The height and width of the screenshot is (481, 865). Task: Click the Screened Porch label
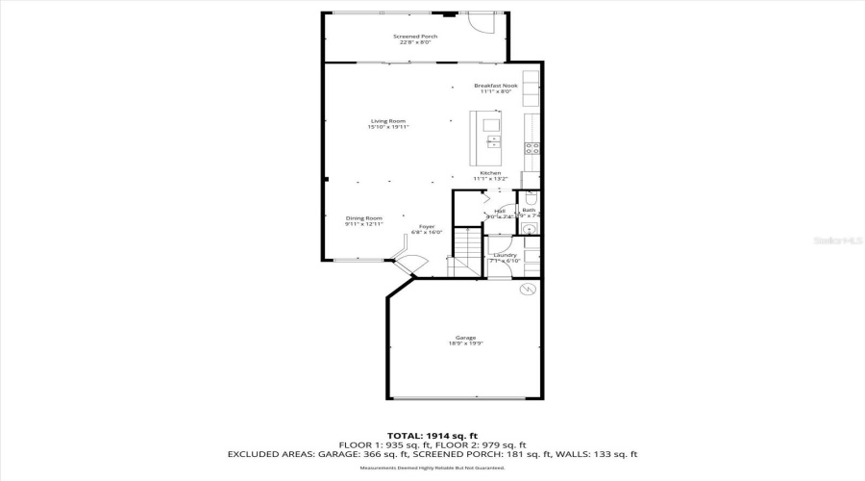[x=415, y=39]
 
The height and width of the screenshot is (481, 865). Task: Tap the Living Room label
[x=388, y=124]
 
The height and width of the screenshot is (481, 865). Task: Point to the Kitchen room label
[x=490, y=176]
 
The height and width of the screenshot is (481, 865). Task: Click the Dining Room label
[x=364, y=221]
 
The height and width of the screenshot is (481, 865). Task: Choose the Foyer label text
[x=426, y=229]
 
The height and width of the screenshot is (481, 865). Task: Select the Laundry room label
[x=505, y=258]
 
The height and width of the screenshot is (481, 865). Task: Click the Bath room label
[x=529, y=212]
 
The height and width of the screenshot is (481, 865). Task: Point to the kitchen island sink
[x=494, y=142]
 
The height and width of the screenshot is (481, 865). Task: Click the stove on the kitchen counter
[x=531, y=148]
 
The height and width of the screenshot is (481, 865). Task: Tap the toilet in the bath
[x=531, y=197]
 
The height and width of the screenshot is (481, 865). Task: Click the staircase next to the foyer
[x=467, y=249]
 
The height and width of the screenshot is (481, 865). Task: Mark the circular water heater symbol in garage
[x=526, y=290]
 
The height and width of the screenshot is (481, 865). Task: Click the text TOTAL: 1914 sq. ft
[x=432, y=434]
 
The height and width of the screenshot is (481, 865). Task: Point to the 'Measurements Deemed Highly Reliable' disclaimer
[x=432, y=468]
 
